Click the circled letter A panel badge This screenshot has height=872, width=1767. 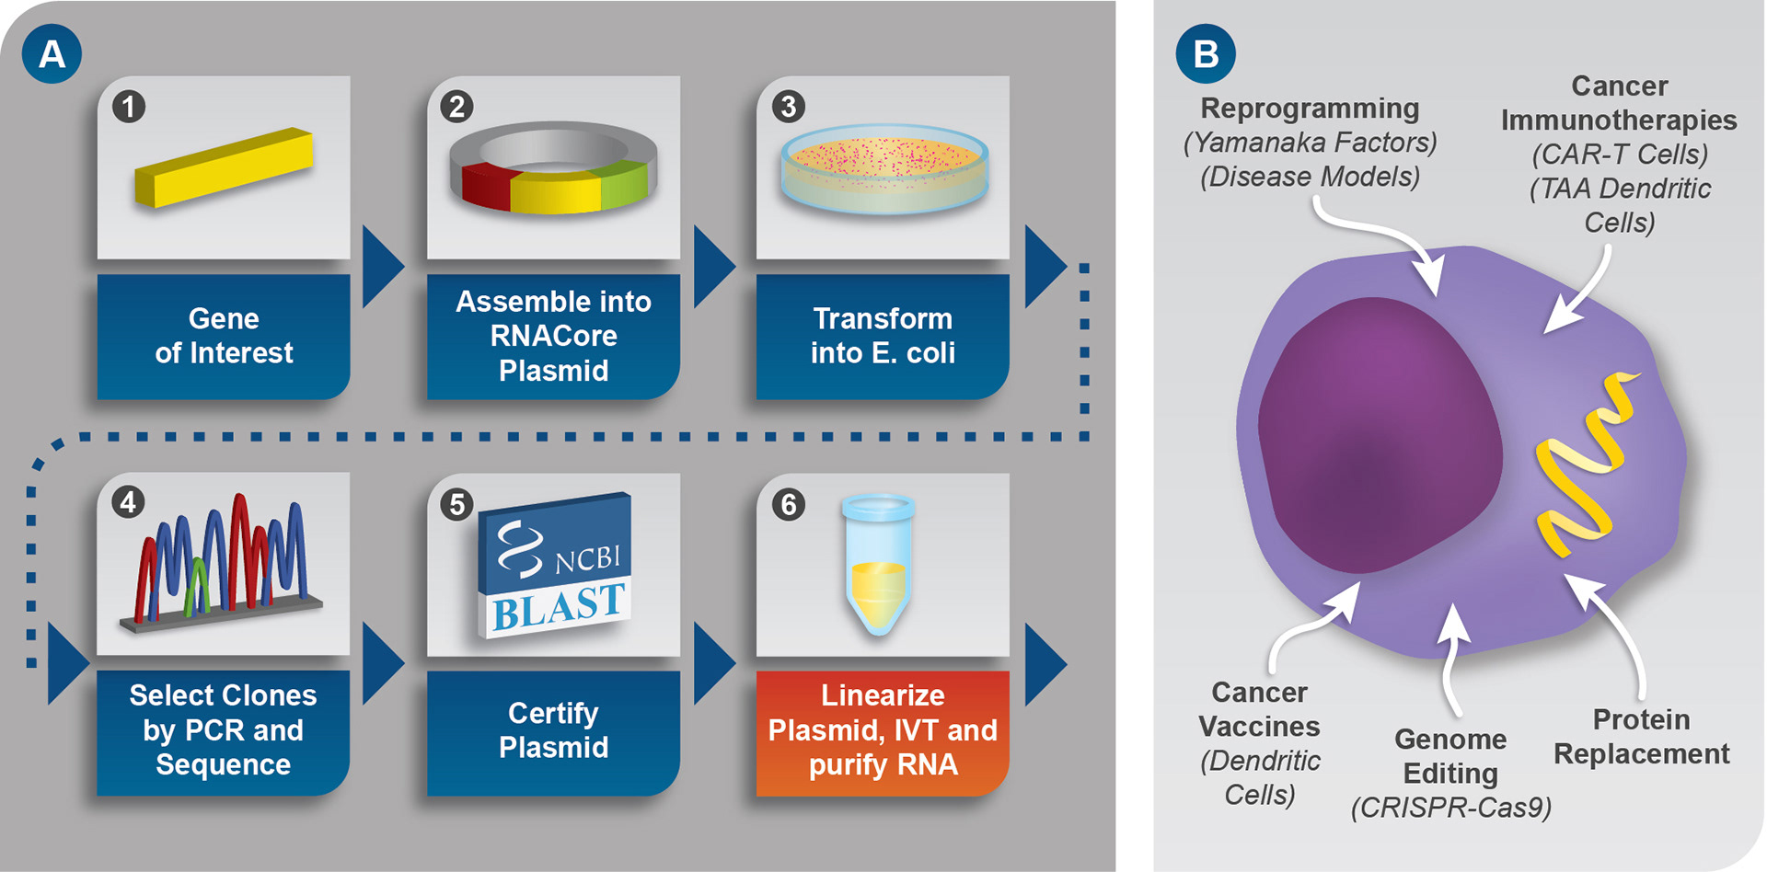coord(52,53)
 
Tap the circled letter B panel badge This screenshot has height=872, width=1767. coord(1206,53)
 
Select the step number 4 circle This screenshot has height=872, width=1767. coord(128,502)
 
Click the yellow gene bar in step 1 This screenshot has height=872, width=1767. coord(225,167)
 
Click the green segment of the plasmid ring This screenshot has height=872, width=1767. coord(624,181)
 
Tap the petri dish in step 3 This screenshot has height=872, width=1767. coord(883,170)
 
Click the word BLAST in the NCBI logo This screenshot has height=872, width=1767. coord(559,607)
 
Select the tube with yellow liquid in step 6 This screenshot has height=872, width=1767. coord(879,566)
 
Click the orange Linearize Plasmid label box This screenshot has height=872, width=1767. coord(883,731)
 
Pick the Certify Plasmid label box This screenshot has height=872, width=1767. coord(553,731)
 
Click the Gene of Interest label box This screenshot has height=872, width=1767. coord(224,336)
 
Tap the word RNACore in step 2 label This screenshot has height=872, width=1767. coord(553,336)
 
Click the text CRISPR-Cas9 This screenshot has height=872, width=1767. coord(1450,808)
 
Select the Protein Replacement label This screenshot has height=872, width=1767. coord(1642,737)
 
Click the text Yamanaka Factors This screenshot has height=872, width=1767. coord(1310,143)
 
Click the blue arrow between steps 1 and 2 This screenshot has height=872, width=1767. coord(382,267)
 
